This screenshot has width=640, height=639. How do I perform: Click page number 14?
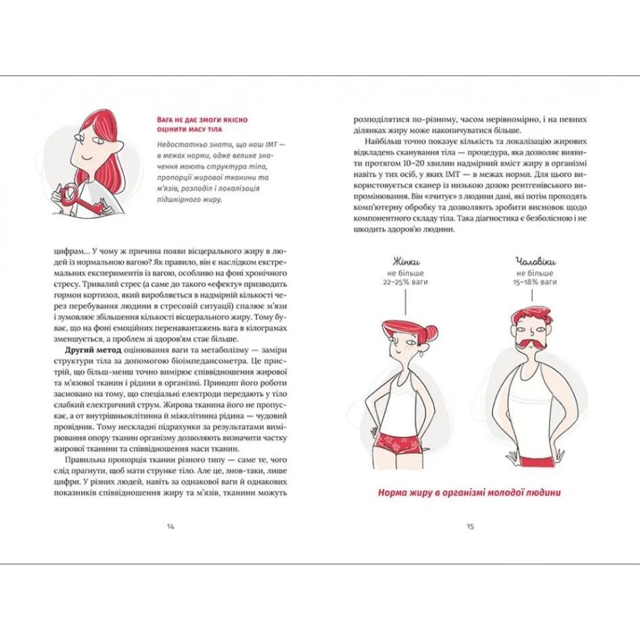tap(171, 526)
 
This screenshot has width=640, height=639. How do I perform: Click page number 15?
tap(470, 526)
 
